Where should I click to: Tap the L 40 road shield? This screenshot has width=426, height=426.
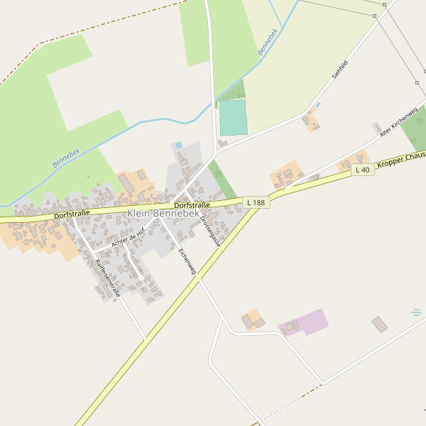(362, 170)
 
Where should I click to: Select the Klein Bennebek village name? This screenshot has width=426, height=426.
(163, 214)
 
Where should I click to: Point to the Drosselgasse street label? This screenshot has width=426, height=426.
(211, 231)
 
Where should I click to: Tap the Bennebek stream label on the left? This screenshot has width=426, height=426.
(66, 158)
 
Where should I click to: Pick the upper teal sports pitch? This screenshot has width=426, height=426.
(232, 108)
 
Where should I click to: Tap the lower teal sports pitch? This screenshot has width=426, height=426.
(234, 126)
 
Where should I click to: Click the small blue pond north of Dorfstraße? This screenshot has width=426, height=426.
(178, 146)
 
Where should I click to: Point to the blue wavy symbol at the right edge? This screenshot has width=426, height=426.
(416, 312)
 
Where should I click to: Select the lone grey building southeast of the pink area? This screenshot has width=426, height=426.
(380, 324)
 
